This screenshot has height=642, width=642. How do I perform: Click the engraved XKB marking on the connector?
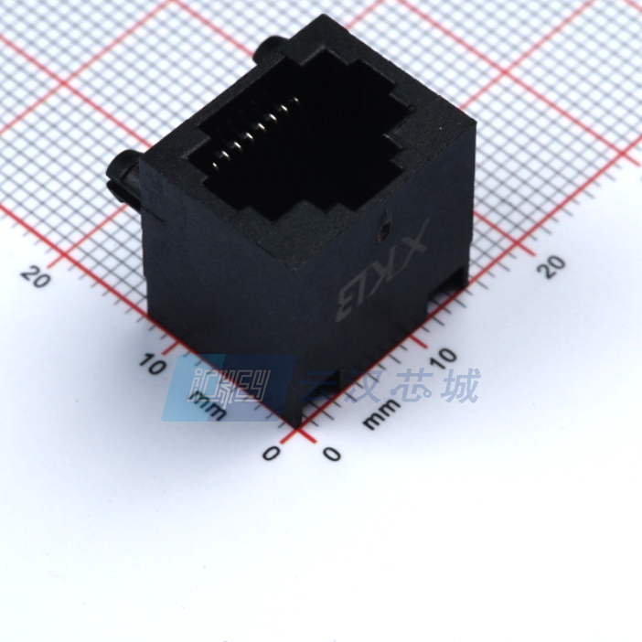point(380,274)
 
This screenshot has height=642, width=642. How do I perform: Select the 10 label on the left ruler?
point(154,365)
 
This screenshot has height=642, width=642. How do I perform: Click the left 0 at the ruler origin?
point(270,453)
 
